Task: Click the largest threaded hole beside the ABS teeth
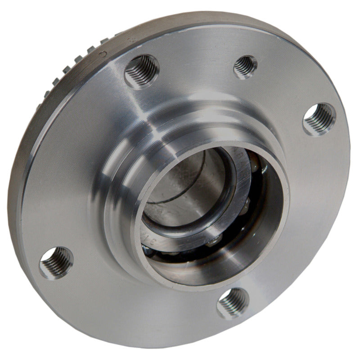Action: click(x=141, y=71)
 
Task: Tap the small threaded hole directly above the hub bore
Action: click(x=245, y=66)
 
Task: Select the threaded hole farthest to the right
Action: click(x=319, y=119)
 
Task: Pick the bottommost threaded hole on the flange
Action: click(x=233, y=303)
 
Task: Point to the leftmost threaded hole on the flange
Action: click(x=56, y=262)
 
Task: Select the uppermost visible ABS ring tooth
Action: click(x=118, y=35)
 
